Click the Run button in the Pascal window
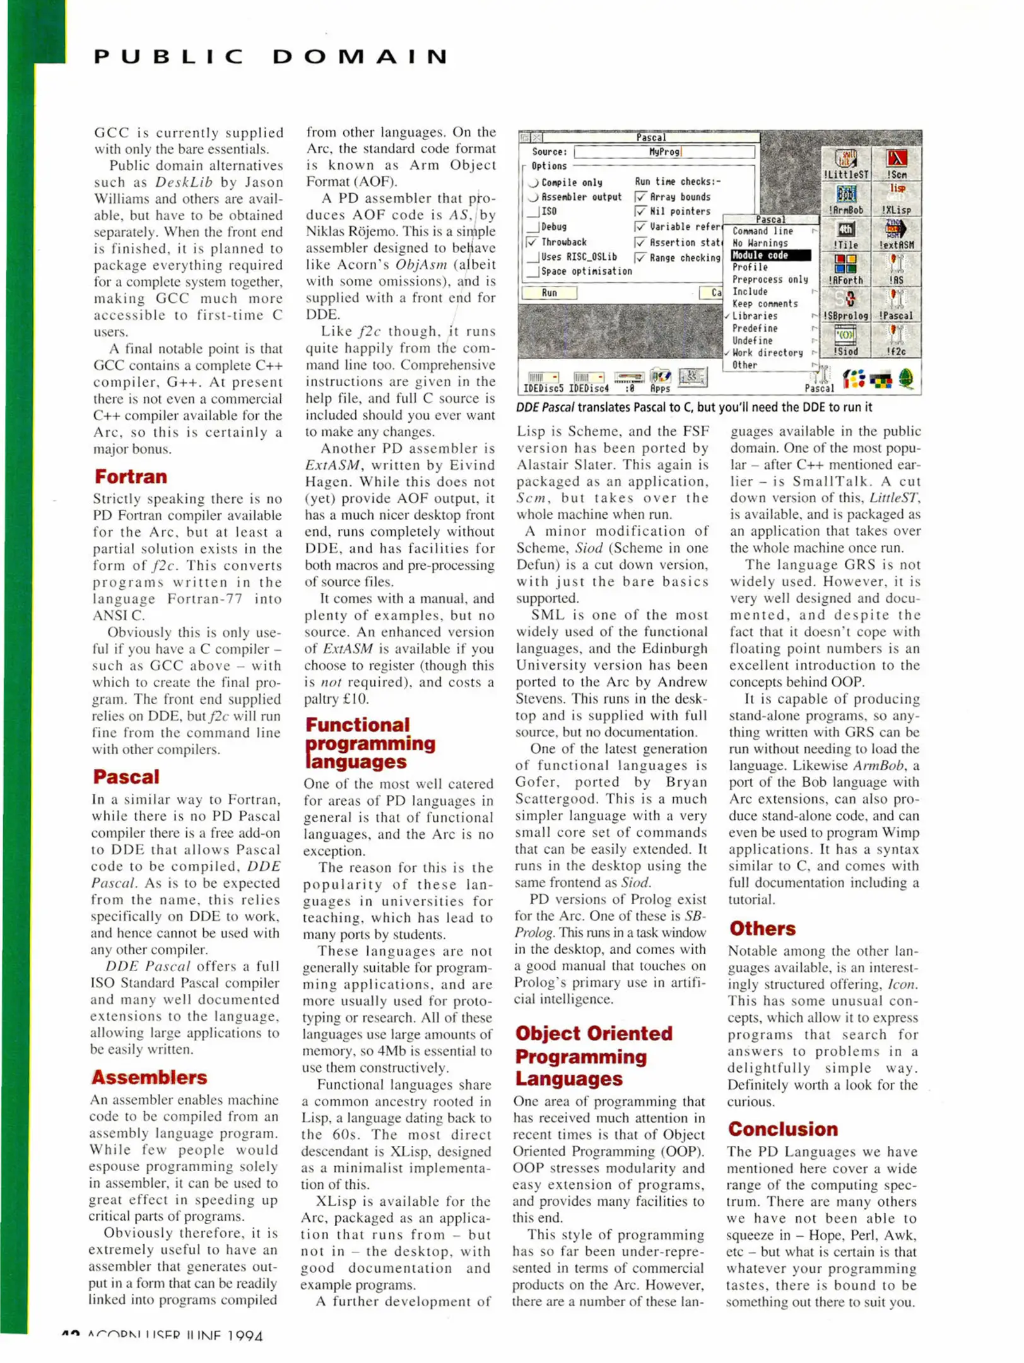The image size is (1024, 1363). (549, 293)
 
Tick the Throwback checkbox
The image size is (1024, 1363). (532, 242)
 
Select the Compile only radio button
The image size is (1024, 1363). (534, 183)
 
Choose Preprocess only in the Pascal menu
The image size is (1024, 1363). (769, 280)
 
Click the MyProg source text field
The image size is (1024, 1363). (664, 152)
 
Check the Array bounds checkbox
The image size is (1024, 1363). (641, 198)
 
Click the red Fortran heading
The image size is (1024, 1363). (131, 476)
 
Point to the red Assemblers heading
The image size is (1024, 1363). (150, 1077)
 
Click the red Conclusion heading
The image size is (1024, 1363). (783, 1129)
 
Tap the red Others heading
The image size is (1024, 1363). (762, 928)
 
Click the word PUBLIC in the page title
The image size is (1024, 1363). (169, 57)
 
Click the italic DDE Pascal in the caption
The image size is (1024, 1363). (545, 408)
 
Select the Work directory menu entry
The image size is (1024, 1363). (767, 353)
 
